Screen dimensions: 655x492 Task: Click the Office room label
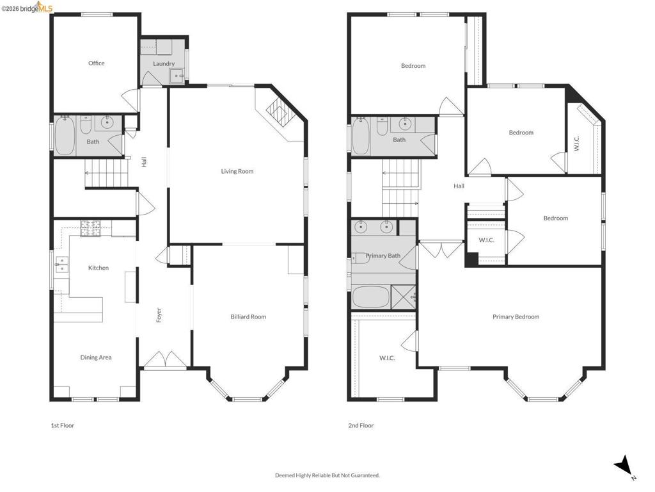(x=96, y=63)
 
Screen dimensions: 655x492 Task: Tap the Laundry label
(x=164, y=63)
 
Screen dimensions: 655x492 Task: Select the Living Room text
(x=237, y=171)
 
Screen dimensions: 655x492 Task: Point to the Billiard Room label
(x=248, y=316)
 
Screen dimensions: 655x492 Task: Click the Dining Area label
(x=96, y=357)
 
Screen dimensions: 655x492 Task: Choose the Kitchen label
(x=98, y=268)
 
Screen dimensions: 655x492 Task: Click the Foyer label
(x=159, y=315)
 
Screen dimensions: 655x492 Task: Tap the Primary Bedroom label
(x=516, y=316)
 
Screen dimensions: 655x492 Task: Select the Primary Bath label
(x=383, y=256)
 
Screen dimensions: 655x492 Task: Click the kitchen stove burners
(x=91, y=229)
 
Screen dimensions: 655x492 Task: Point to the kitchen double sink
(x=61, y=265)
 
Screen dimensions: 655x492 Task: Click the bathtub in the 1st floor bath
(x=65, y=136)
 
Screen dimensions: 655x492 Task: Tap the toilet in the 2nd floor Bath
(x=383, y=126)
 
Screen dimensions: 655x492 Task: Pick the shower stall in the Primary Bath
(x=404, y=297)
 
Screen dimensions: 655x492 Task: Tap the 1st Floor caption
(x=62, y=425)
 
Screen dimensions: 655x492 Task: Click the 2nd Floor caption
(x=361, y=425)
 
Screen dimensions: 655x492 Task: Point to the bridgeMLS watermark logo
(x=27, y=8)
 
